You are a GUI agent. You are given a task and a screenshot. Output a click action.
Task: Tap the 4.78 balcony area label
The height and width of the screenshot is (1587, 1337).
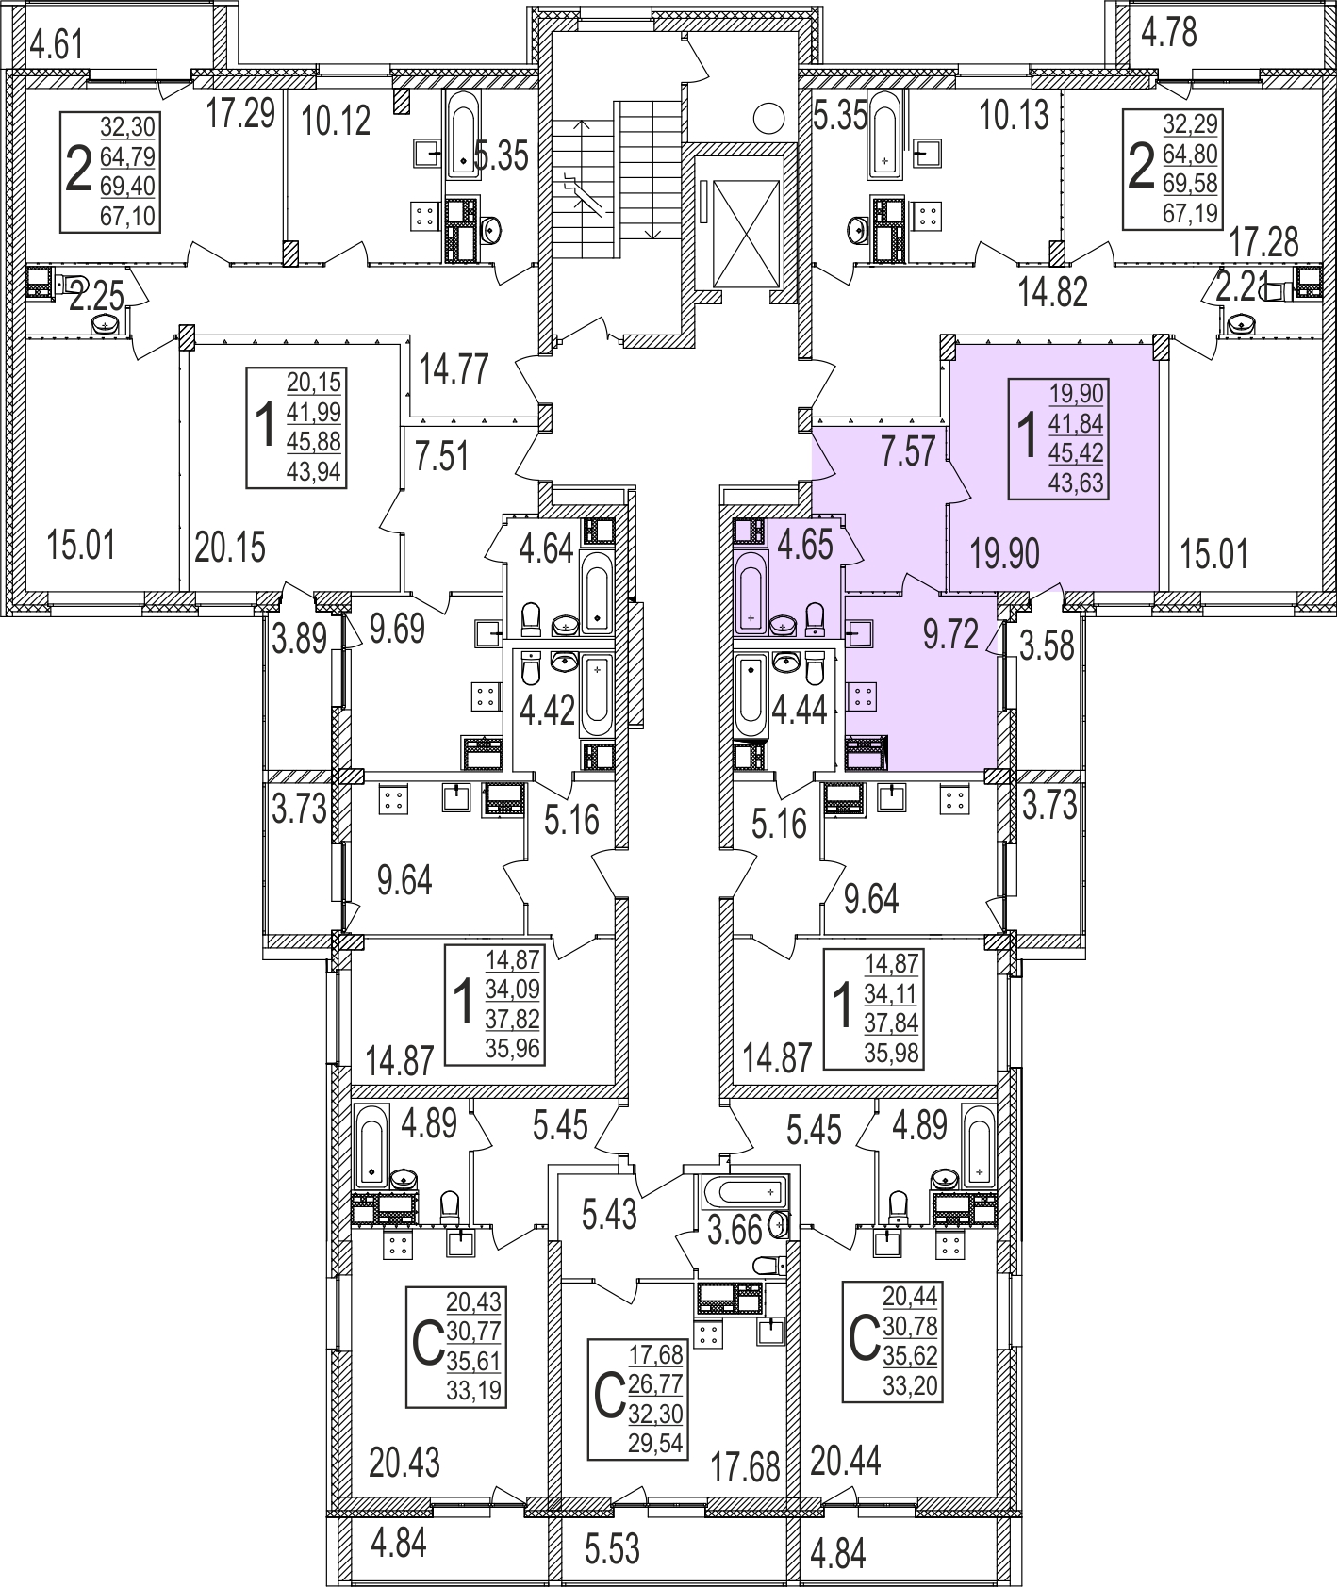1169,32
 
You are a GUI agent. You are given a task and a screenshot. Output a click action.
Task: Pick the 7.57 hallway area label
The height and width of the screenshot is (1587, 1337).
908,451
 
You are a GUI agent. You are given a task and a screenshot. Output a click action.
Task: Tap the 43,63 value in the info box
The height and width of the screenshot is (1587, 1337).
1076,484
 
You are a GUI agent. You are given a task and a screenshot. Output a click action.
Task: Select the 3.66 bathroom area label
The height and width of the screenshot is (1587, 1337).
735,1230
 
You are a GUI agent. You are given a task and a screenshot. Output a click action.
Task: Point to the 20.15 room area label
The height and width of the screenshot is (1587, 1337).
230,547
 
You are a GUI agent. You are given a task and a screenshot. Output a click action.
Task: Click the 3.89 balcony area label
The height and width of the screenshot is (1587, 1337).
299,640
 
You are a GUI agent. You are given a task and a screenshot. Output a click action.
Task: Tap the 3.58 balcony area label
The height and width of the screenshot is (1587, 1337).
1048,646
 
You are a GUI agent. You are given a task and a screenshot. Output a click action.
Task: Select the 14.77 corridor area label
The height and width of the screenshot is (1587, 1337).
454,368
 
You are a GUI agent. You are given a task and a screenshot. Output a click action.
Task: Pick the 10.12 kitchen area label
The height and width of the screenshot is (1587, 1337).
336,121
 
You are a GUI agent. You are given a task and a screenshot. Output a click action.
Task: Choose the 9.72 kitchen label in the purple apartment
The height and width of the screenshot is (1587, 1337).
951,635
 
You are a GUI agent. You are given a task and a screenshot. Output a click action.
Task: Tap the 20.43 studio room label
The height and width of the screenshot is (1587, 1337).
404,1464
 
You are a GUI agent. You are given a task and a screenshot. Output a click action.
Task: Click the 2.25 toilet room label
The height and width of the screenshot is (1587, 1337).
98,298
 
